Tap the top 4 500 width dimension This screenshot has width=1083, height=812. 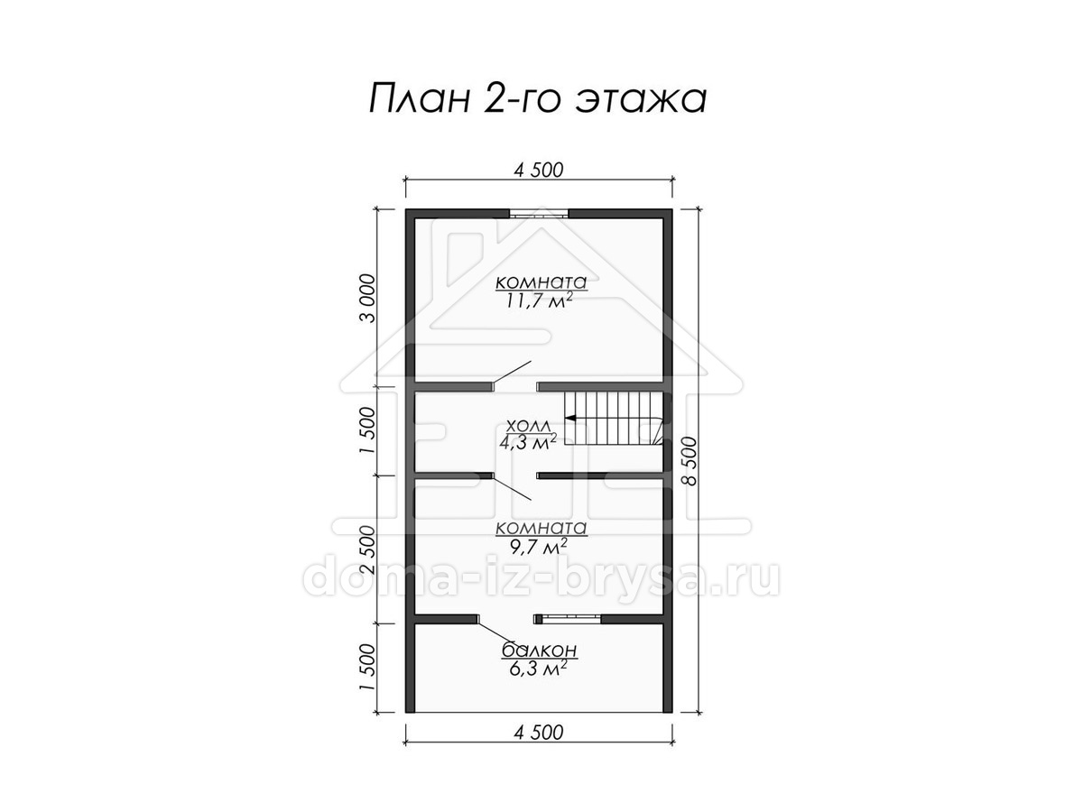click(538, 171)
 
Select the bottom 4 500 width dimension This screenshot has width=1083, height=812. click(538, 733)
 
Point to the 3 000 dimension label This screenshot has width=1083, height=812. click(368, 299)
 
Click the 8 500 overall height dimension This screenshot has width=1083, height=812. click(691, 461)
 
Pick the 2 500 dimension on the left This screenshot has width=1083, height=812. click(368, 550)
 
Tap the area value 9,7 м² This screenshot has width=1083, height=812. click(538, 546)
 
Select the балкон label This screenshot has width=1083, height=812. click(540, 651)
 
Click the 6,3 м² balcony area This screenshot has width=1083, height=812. click(537, 669)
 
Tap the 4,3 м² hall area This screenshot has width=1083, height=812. click(528, 442)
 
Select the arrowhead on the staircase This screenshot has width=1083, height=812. click(570, 418)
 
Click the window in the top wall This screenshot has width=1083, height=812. click(539, 214)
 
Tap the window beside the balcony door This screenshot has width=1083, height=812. click(569, 618)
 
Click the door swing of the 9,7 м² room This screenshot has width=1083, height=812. click(512, 489)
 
